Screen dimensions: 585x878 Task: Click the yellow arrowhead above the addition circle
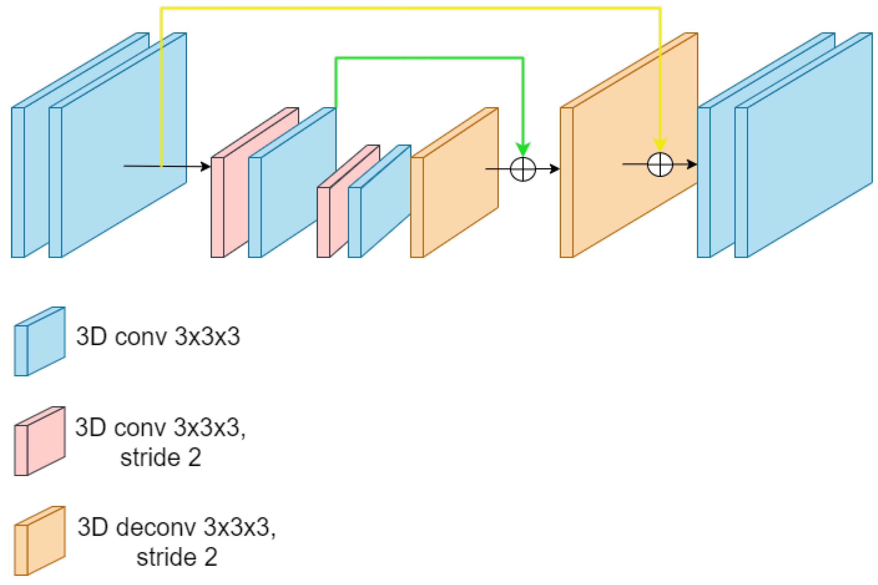pyautogui.click(x=660, y=144)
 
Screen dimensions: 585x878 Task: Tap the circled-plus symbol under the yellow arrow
pyautogui.click(x=660, y=164)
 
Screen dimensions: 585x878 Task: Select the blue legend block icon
pyautogui.click(x=39, y=341)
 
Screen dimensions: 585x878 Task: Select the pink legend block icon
pyautogui.click(x=39, y=441)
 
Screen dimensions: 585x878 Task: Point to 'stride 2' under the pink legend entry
pyautogui.click(x=160, y=457)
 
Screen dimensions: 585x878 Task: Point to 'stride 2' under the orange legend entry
pyautogui.click(x=176, y=557)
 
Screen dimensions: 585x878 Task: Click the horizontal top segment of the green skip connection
pyautogui.click(x=429, y=58)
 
